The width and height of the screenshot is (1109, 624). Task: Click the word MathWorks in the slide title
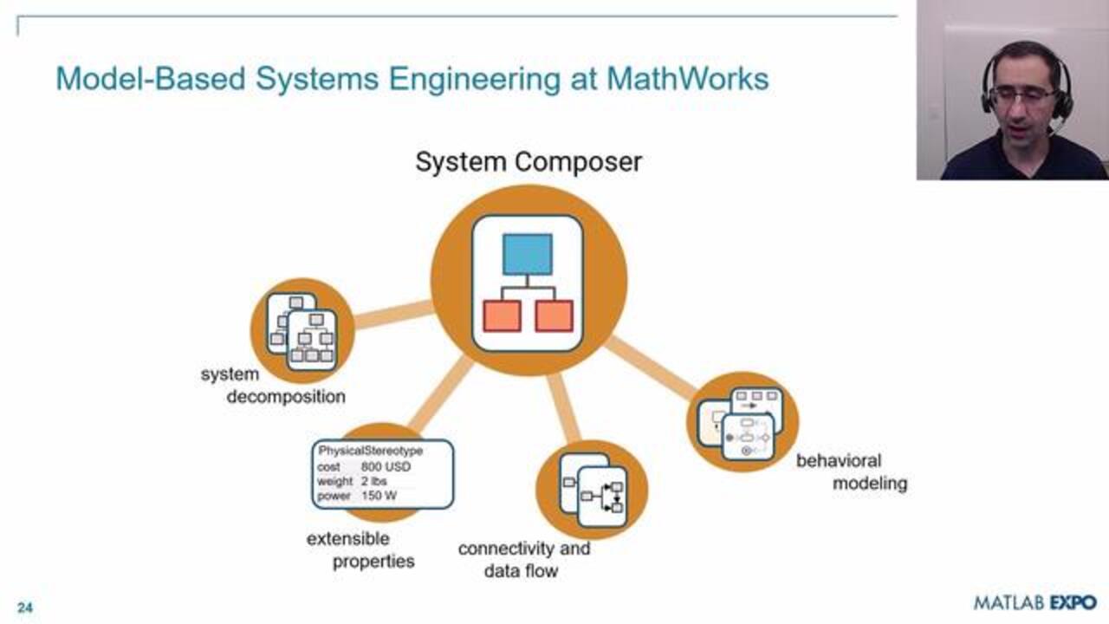[x=687, y=79]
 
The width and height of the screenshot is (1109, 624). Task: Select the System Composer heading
[x=529, y=162]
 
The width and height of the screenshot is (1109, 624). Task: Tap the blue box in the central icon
[x=528, y=254]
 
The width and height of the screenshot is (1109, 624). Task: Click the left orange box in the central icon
[x=502, y=315]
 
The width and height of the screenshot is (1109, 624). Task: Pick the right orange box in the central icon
[x=554, y=315]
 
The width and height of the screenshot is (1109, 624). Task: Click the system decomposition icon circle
[x=302, y=330]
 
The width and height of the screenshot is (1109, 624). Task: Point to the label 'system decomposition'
[x=274, y=386]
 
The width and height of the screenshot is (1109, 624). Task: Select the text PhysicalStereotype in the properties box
[x=370, y=451]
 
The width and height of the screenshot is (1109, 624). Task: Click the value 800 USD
[x=386, y=466]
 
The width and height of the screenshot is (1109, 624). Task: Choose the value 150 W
[x=380, y=496]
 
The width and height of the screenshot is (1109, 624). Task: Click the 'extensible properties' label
[x=360, y=550]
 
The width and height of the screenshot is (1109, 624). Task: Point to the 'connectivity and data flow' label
[x=523, y=559]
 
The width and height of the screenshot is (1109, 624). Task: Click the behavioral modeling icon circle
[x=743, y=422]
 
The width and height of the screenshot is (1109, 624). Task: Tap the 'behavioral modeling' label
[x=852, y=471]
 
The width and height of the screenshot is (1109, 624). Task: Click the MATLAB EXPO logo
[x=1034, y=602]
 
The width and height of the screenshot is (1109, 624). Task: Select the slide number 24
[x=24, y=608]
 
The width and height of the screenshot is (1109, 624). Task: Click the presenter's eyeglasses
[x=1022, y=96]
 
